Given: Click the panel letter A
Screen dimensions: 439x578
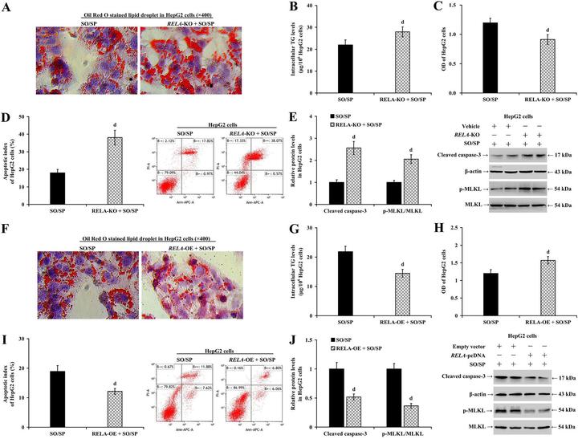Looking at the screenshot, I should click(6, 6).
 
